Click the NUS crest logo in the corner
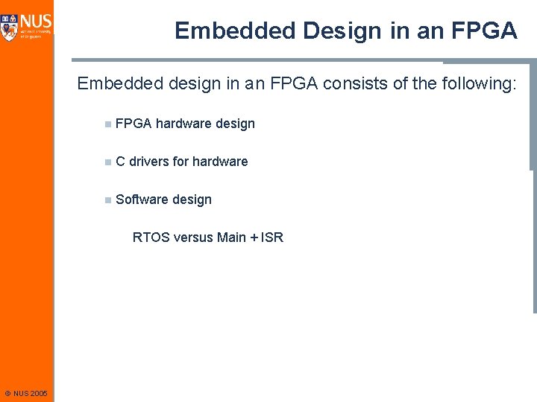[10, 25]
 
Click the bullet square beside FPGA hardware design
[108, 124]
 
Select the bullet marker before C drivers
[108, 162]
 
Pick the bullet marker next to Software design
[108, 200]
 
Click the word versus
[193, 237]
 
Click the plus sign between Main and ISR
[254, 237]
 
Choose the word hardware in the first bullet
[182, 124]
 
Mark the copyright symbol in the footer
[7, 393]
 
